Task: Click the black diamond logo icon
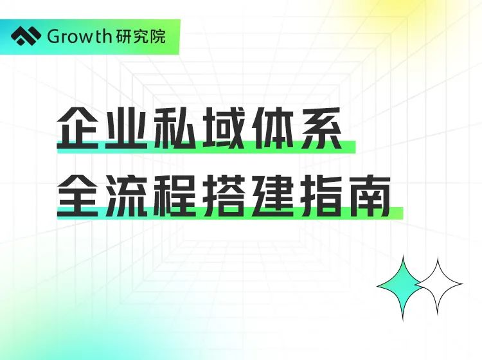pos(26,37)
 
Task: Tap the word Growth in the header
pos(79,37)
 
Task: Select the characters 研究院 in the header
pos(141,37)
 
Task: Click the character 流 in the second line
pos(126,195)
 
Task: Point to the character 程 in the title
pos(174,195)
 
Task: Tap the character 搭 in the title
pos(223,195)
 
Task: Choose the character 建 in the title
pos(271,195)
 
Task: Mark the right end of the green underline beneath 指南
pos(403,213)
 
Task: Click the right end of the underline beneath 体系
pos(355,147)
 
